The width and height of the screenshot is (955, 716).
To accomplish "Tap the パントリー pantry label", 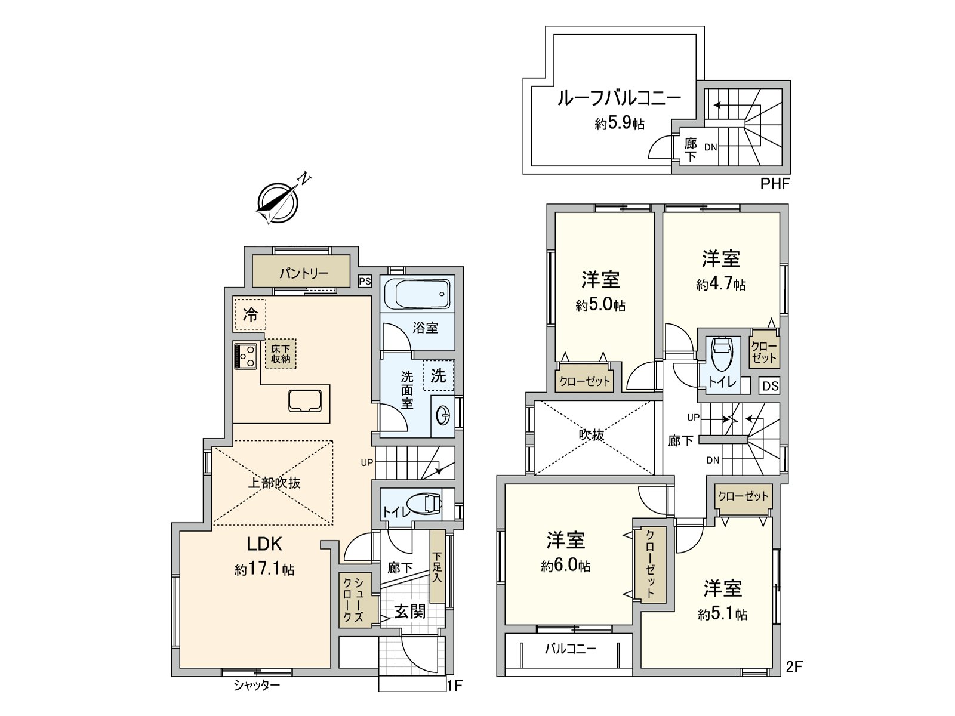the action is pyautogui.click(x=303, y=273).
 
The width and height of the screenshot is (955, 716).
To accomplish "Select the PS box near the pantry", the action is pyautogui.click(x=365, y=281).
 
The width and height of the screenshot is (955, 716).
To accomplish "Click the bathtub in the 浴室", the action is pyautogui.click(x=417, y=294).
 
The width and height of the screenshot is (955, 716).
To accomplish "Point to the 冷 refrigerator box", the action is pyautogui.click(x=250, y=314).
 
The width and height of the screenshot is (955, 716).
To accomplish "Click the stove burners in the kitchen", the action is pyautogui.click(x=245, y=356).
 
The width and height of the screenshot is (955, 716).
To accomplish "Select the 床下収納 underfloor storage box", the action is pyautogui.click(x=281, y=354).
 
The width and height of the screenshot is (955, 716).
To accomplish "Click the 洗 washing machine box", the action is pyautogui.click(x=438, y=376).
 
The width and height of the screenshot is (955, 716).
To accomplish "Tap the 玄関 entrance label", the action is pyautogui.click(x=410, y=612).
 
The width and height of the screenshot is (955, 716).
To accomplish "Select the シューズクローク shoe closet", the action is pyautogui.click(x=356, y=600).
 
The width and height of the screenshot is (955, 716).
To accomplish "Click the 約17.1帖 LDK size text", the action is pyautogui.click(x=264, y=569).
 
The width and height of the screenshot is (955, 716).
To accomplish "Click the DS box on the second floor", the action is pyautogui.click(x=770, y=386).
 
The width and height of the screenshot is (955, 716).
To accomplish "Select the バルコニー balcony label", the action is pyautogui.click(x=571, y=650).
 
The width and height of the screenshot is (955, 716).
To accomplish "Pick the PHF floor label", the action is pyautogui.click(x=774, y=184).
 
